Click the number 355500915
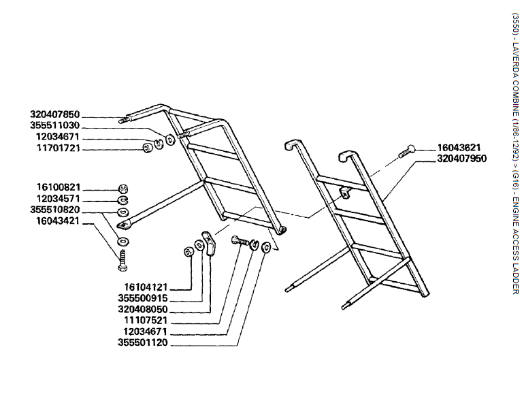click(142, 298)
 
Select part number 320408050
click(142, 309)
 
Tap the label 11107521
click(142, 320)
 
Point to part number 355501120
click(142, 342)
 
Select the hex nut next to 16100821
click(122, 189)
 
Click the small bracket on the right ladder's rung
click(345, 193)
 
